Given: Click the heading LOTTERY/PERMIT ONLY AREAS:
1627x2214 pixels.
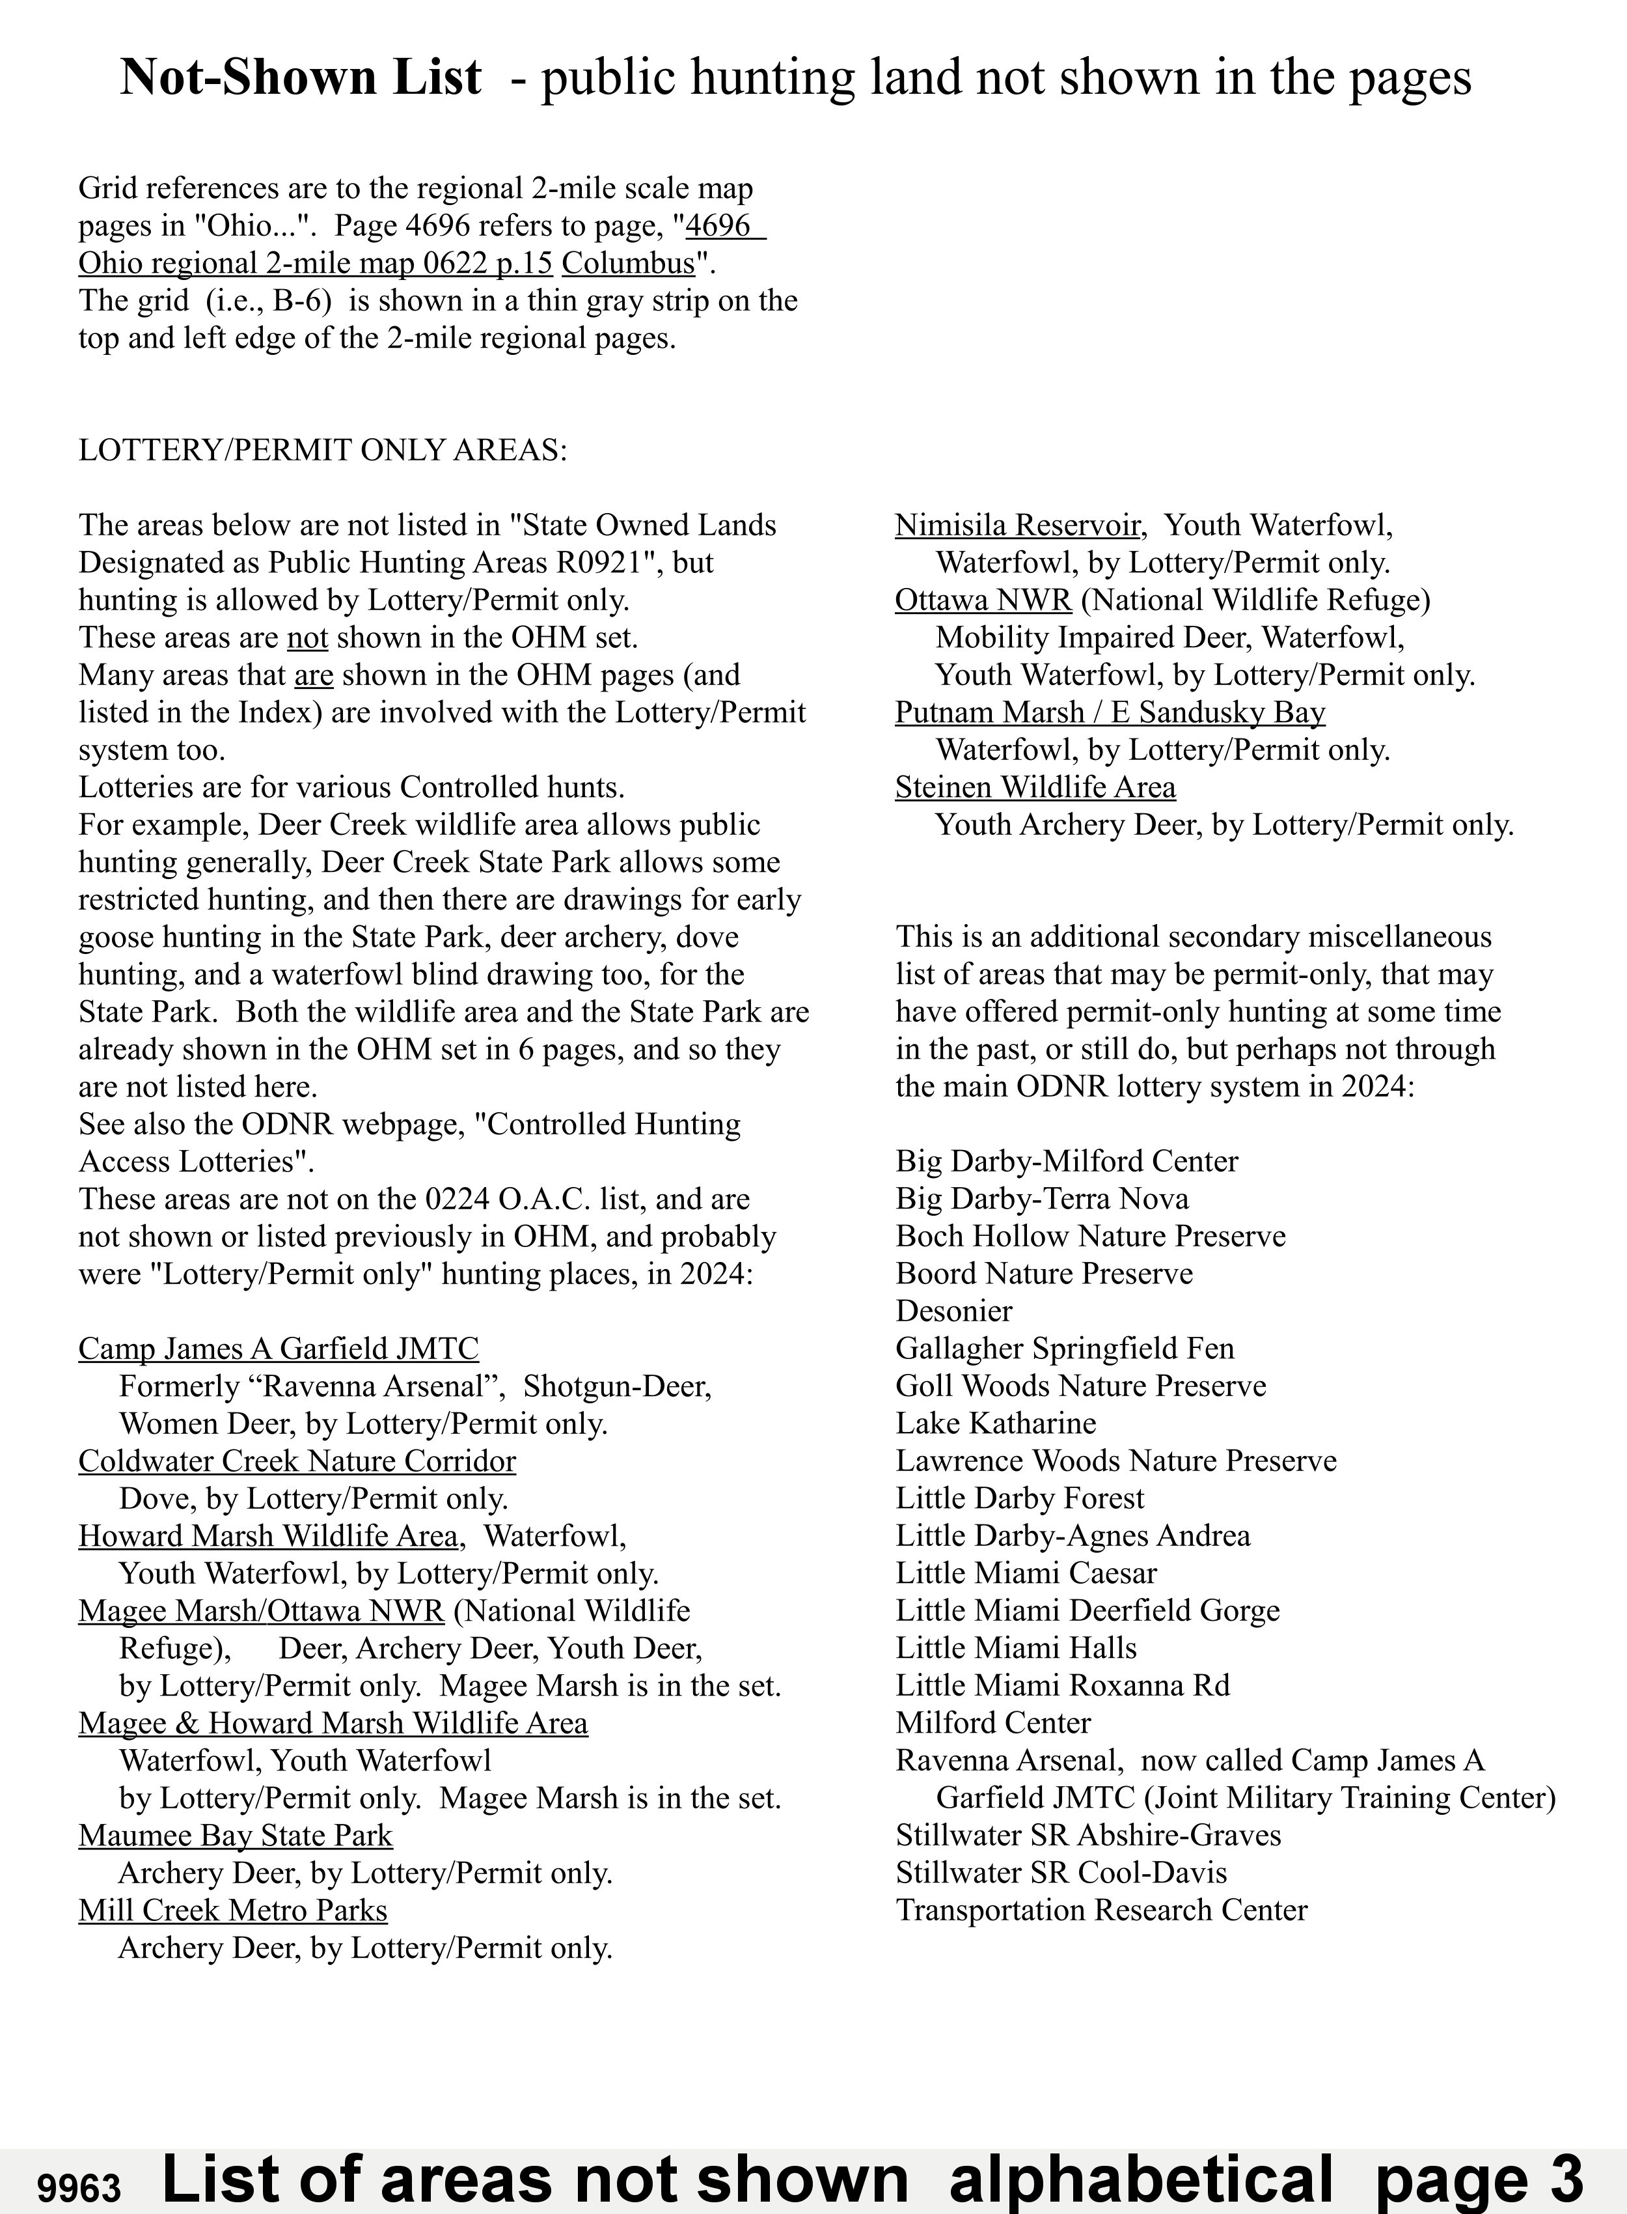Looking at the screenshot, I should (x=323, y=450).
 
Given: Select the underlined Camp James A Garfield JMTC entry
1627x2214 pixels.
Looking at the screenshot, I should (x=279, y=1348).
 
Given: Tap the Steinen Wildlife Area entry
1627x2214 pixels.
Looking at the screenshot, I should (x=1035, y=787).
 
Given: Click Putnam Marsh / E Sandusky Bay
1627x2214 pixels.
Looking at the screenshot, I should (x=1110, y=712).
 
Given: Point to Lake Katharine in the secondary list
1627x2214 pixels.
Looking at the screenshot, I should (x=996, y=1423).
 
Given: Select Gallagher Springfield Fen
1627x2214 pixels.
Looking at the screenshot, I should (x=1065, y=1348).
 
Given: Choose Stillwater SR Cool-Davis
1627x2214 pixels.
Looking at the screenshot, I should (x=1061, y=1872).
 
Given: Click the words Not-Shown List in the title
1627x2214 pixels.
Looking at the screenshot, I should (x=301, y=77).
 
